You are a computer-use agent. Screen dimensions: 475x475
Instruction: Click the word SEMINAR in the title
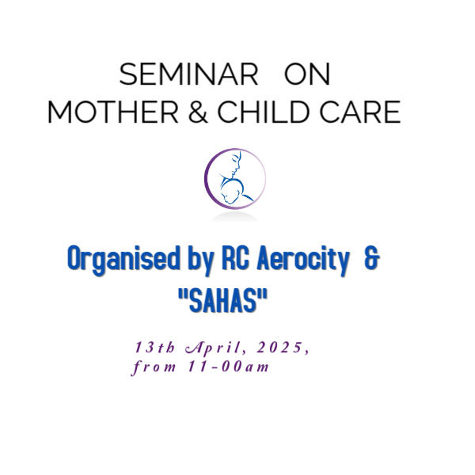[188, 74]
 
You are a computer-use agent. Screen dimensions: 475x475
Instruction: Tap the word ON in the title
[307, 74]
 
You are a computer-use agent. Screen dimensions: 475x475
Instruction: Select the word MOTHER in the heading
[113, 112]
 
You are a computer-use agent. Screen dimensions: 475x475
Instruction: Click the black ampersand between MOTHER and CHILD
[198, 112]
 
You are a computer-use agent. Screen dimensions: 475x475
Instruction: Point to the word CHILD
[264, 112]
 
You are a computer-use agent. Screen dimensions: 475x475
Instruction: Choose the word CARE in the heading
[360, 112]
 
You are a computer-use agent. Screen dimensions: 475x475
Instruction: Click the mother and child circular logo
[235, 179]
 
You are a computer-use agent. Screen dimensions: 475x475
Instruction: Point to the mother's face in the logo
[235, 165]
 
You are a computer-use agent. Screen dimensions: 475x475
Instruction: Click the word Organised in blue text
[124, 260]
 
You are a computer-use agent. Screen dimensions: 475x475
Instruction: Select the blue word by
[201, 260]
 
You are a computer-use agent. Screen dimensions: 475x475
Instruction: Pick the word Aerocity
[303, 260]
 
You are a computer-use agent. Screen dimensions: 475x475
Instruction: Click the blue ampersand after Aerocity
[372, 258]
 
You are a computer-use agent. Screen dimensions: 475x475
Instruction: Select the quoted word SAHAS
[223, 300]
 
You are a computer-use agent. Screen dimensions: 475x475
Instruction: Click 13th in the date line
[155, 348]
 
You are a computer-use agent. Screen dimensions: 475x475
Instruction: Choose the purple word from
[154, 367]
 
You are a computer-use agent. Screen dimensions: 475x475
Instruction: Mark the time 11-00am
[229, 367]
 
